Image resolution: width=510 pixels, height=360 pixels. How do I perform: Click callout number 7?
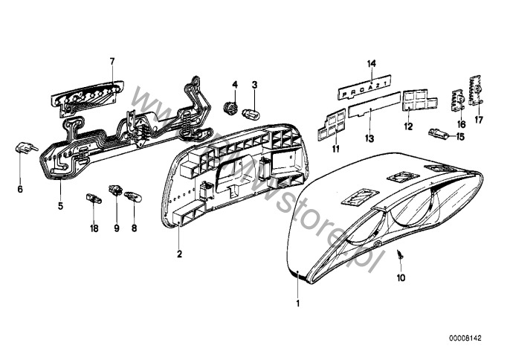pyautogui.click(x=112, y=61)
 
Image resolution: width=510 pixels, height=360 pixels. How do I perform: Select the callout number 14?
pyautogui.click(x=372, y=64)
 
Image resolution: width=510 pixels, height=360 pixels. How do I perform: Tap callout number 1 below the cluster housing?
pyautogui.click(x=299, y=303)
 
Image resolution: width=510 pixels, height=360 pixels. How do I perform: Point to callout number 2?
pyautogui.click(x=179, y=254)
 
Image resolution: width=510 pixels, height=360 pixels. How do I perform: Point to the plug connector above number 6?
pyautogui.click(x=22, y=149)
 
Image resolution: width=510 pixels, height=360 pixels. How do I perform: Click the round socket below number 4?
pyautogui.click(x=230, y=110)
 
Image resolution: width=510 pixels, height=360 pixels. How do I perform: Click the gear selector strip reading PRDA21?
pyautogui.click(x=372, y=91)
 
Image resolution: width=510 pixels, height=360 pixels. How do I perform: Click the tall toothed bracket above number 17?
pyautogui.click(x=476, y=91)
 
